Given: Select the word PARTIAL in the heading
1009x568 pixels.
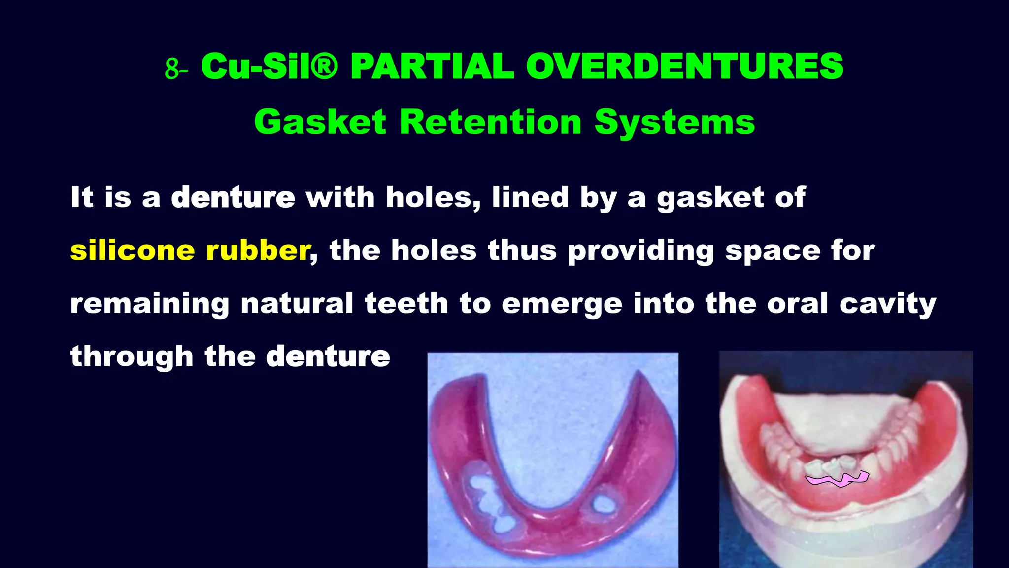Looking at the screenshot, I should pos(432,67).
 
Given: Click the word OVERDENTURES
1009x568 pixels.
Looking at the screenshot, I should pos(685,67).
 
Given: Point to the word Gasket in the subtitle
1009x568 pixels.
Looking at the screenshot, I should pos(320,122).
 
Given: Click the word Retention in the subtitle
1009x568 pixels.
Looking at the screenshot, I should pos(491,122).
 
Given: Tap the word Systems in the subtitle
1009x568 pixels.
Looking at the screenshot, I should pos(674,122).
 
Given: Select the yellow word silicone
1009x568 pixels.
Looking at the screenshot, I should pos(133,250).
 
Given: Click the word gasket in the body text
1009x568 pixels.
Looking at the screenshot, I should pos(710,197).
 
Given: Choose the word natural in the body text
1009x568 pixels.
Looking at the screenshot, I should pos(297,303).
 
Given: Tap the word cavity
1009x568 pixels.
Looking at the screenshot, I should pos(887,303).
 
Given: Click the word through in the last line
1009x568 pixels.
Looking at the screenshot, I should pos(132,356).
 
